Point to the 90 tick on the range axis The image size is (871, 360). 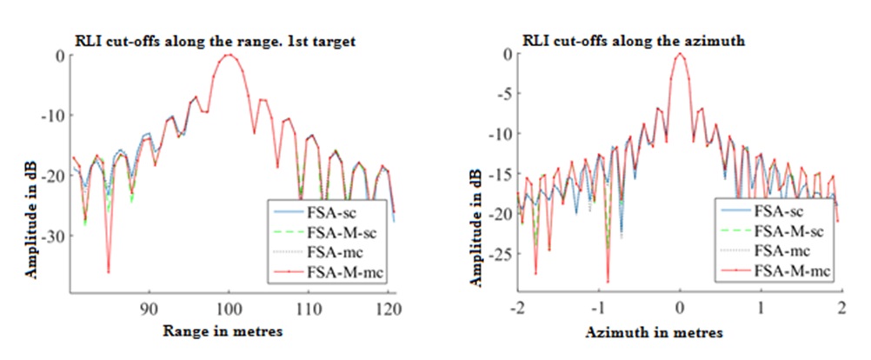click(x=150, y=307)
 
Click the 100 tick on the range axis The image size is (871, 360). click(x=229, y=307)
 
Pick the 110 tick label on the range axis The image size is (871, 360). click(x=308, y=307)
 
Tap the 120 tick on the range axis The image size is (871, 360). click(x=387, y=307)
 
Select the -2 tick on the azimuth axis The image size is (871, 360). click(x=516, y=307)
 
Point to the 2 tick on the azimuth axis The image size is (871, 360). click(x=841, y=307)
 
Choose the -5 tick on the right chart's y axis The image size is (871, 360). click(x=493, y=94)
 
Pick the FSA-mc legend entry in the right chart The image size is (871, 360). click(x=780, y=251)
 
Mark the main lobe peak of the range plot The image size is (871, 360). click(x=229, y=55)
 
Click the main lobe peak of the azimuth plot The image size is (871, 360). click(x=680, y=54)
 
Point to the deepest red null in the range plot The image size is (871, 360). click(x=109, y=272)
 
